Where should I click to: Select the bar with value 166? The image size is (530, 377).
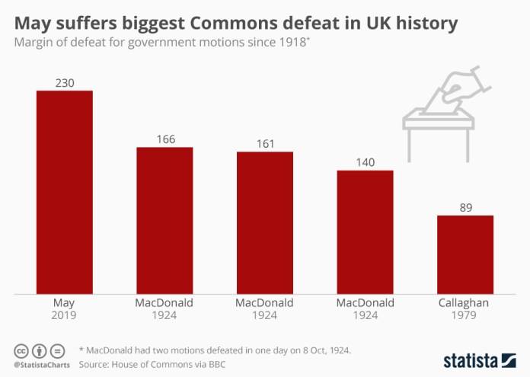coord(164,219)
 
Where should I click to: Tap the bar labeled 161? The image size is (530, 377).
coord(265,222)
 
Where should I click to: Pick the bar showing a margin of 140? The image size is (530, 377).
coord(366,231)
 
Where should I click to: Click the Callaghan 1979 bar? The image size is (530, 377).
coord(465,254)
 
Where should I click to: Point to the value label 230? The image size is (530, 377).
coord(65,82)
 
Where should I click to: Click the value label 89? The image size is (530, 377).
coord(465,207)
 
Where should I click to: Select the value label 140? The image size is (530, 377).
coord(366,161)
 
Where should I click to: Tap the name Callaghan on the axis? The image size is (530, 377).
coord(465,302)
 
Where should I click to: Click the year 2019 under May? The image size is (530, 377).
coord(65,315)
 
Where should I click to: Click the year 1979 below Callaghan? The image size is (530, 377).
coord(465,315)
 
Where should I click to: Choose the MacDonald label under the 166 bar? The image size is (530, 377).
coord(164,302)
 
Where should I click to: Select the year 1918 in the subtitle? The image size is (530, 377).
coord(292,43)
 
